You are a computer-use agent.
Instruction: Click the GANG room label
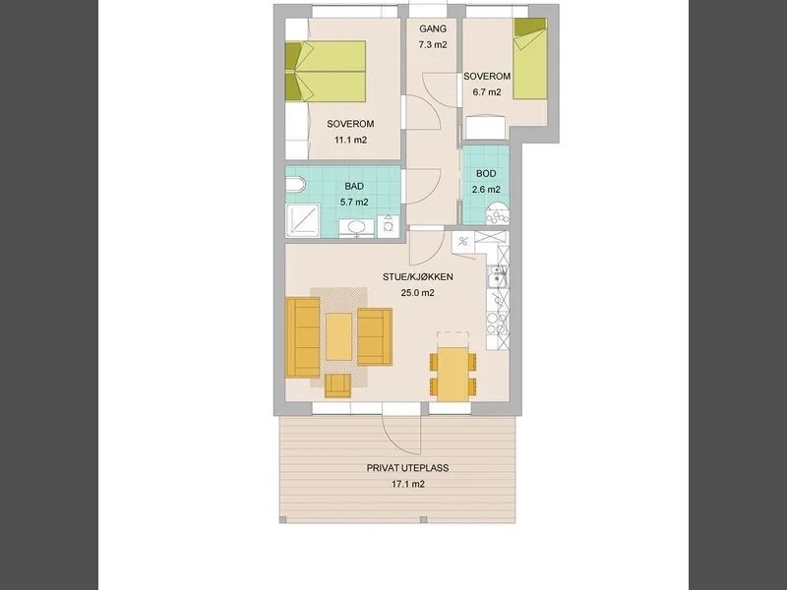(x=433, y=29)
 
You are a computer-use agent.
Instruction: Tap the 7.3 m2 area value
(x=433, y=44)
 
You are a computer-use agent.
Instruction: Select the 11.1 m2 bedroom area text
(x=350, y=140)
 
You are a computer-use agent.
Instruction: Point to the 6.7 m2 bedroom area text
(x=486, y=92)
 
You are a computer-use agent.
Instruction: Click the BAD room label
(x=354, y=186)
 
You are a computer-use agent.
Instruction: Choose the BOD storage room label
(x=486, y=174)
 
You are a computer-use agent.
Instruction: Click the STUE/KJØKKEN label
(x=417, y=277)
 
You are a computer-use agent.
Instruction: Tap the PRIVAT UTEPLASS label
(x=407, y=468)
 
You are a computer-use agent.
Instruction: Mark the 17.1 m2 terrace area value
(x=408, y=484)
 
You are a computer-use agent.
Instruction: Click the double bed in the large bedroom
(x=326, y=71)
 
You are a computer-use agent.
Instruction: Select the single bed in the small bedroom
(x=530, y=58)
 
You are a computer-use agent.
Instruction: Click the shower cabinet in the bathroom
(x=303, y=219)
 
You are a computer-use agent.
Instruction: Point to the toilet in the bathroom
(x=295, y=184)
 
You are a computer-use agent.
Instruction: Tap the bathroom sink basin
(x=357, y=227)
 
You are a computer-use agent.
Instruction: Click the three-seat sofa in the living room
(x=303, y=337)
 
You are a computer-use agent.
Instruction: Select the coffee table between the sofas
(x=338, y=336)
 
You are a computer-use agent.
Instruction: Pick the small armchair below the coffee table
(x=337, y=385)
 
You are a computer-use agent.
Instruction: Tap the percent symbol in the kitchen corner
(x=462, y=242)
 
